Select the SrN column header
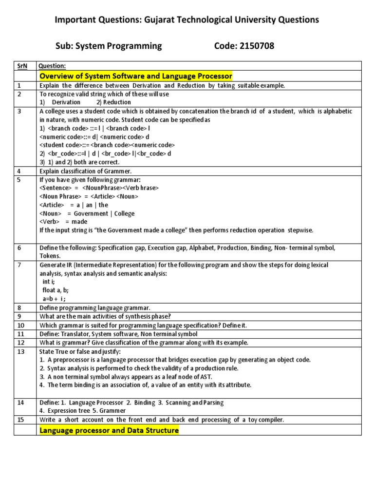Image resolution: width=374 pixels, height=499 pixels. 22,66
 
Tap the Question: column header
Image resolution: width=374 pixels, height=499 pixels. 52,66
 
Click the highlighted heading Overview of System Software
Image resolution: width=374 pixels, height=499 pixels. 135,76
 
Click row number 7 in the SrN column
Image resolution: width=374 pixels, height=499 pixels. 20,265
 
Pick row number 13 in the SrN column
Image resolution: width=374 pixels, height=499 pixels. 21,351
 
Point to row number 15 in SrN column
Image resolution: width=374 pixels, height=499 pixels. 21,420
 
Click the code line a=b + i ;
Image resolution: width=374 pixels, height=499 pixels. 54,298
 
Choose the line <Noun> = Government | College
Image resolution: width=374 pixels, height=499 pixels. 87,213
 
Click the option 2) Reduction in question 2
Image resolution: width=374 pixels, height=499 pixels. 113,102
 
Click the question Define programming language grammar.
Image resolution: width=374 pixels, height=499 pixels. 95,308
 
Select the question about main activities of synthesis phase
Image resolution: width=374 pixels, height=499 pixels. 112,316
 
